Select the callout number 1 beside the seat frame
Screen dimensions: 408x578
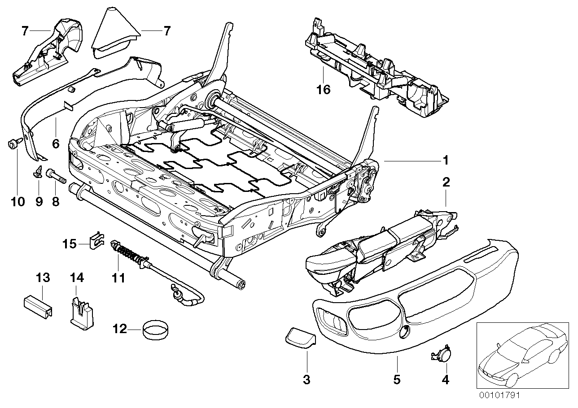tap(445, 160)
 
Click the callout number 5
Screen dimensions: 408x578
tap(397, 380)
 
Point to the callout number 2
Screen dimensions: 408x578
tap(446, 182)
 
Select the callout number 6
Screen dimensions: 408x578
tap(56, 144)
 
